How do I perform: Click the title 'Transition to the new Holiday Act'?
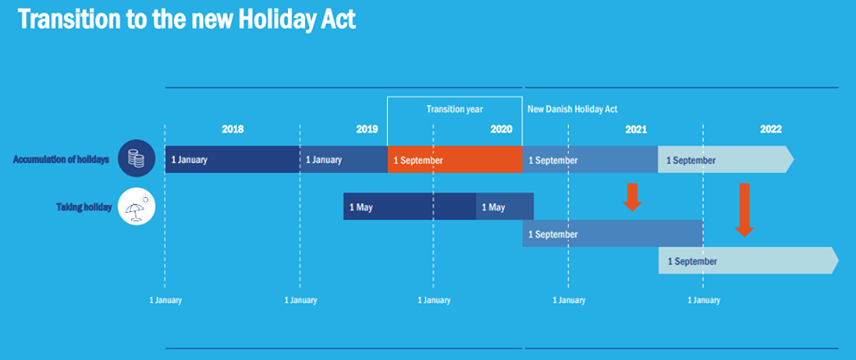[x=187, y=19]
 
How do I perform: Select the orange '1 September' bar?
[x=455, y=160]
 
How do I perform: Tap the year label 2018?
[x=233, y=129]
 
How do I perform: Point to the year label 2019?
[x=366, y=129]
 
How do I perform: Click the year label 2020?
[x=501, y=129]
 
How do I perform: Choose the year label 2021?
[x=636, y=129]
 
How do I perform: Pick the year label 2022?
[x=770, y=129]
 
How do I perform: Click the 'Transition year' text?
[x=455, y=109]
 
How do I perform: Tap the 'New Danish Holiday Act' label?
[x=572, y=109]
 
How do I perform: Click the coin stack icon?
[x=136, y=159]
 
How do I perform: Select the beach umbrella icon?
[x=136, y=206]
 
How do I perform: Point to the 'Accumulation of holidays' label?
[x=62, y=160]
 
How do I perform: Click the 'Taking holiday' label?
[x=84, y=208]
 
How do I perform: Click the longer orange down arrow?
[x=744, y=210]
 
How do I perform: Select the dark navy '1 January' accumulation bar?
[x=232, y=160]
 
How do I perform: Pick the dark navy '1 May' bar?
[x=409, y=207]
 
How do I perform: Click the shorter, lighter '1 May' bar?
[x=505, y=207]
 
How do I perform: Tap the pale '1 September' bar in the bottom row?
[x=748, y=260]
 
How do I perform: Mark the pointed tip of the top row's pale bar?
[x=794, y=160]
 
